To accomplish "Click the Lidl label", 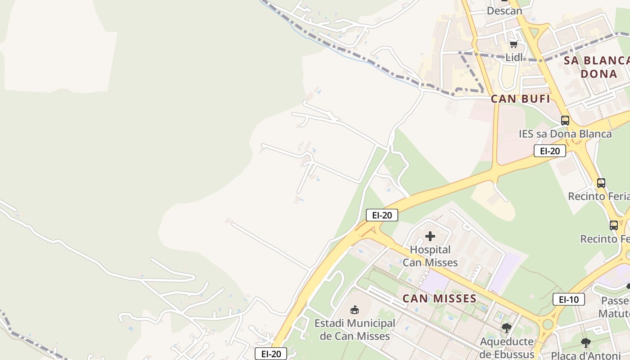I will pyautogui.click(x=514, y=57).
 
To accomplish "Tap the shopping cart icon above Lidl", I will pyautogui.click(x=513, y=44).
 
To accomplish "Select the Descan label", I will pyautogui.click(x=504, y=11).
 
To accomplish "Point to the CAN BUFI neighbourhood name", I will pyautogui.click(x=521, y=99).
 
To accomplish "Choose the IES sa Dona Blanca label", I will pyautogui.click(x=565, y=134).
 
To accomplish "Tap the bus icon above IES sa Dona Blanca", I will pyautogui.click(x=565, y=121).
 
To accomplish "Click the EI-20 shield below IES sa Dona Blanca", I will pyautogui.click(x=549, y=151).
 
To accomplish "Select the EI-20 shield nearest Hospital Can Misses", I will pyautogui.click(x=382, y=215).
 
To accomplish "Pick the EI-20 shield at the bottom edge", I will pyautogui.click(x=271, y=354).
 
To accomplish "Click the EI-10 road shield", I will pyautogui.click(x=569, y=299).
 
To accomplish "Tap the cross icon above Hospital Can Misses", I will pyautogui.click(x=430, y=236).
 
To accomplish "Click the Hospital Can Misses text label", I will pyautogui.click(x=430, y=256).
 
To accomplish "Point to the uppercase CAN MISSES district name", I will pyautogui.click(x=439, y=298).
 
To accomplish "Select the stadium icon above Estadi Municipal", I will pyautogui.click(x=355, y=310).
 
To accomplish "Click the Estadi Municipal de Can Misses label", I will pyautogui.click(x=355, y=329).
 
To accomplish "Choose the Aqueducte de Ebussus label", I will pyautogui.click(x=507, y=347).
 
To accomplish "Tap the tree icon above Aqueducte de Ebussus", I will pyautogui.click(x=507, y=328).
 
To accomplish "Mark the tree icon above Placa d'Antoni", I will pyautogui.click(x=585, y=343).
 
